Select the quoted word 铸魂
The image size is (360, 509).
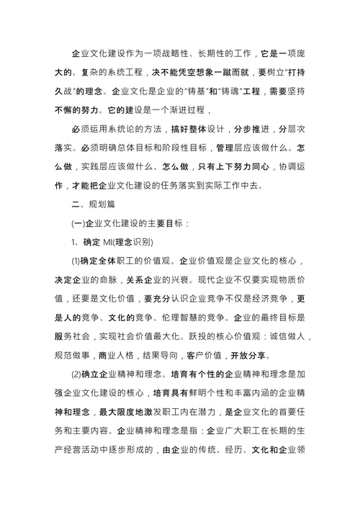[243, 92]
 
